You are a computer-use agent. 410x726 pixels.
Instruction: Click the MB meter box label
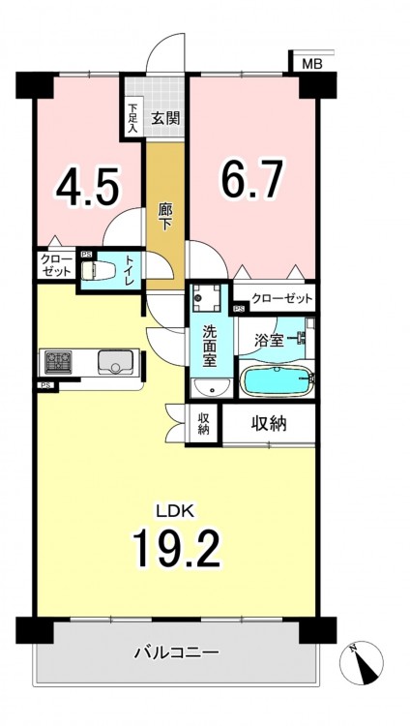pyautogui.click(x=312, y=64)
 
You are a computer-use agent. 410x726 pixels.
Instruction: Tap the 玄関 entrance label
pyautogui.click(x=165, y=119)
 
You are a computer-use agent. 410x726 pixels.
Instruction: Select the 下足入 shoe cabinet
pyautogui.click(x=132, y=118)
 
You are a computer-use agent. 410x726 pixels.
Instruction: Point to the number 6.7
pyautogui.click(x=250, y=178)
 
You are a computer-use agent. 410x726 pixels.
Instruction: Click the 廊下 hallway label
pyautogui.click(x=165, y=218)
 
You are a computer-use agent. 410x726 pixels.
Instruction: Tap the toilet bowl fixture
pyautogui.click(x=98, y=270)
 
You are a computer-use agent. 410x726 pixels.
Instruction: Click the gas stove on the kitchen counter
pyautogui.click(x=58, y=363)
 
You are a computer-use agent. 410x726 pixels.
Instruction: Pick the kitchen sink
pyautogui.click(x=115, y=362)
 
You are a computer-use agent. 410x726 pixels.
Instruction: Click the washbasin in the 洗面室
pyautogui.click(x=211, y=387)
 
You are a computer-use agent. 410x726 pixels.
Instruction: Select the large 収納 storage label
pyautogui.click(x=270, y=423)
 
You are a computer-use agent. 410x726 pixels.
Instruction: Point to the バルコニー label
pyautogui.click(x=177, y=652)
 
